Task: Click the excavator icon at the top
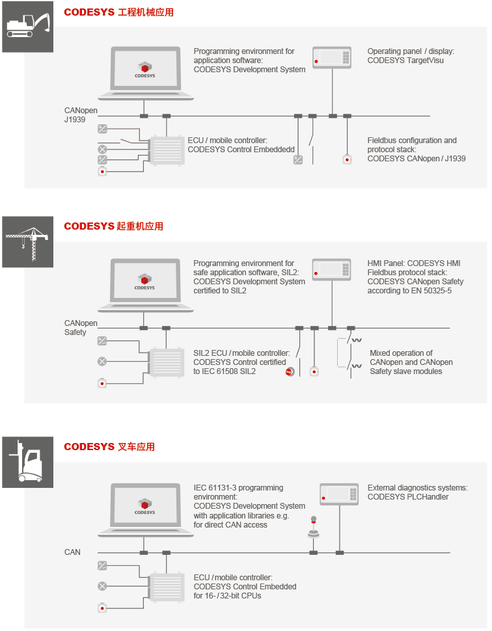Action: [28, 27]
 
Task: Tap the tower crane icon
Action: [28, 242]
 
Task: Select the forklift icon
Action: [28, 462]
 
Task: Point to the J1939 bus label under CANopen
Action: [75, 120]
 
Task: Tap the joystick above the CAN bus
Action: [314, 527]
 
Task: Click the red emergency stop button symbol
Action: [290, 372]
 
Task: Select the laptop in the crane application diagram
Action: [145, 286]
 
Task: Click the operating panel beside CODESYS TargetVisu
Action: [332, 57]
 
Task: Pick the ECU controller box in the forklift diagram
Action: [167, 586]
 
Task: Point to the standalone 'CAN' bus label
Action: [72, 552]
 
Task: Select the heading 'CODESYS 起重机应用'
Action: [113, 226]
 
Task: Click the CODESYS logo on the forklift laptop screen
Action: [145, 507]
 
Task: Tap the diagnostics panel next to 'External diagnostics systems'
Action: [339, 494]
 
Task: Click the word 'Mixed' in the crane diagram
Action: [381, 353]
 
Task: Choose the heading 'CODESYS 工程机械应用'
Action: [119, 12]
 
